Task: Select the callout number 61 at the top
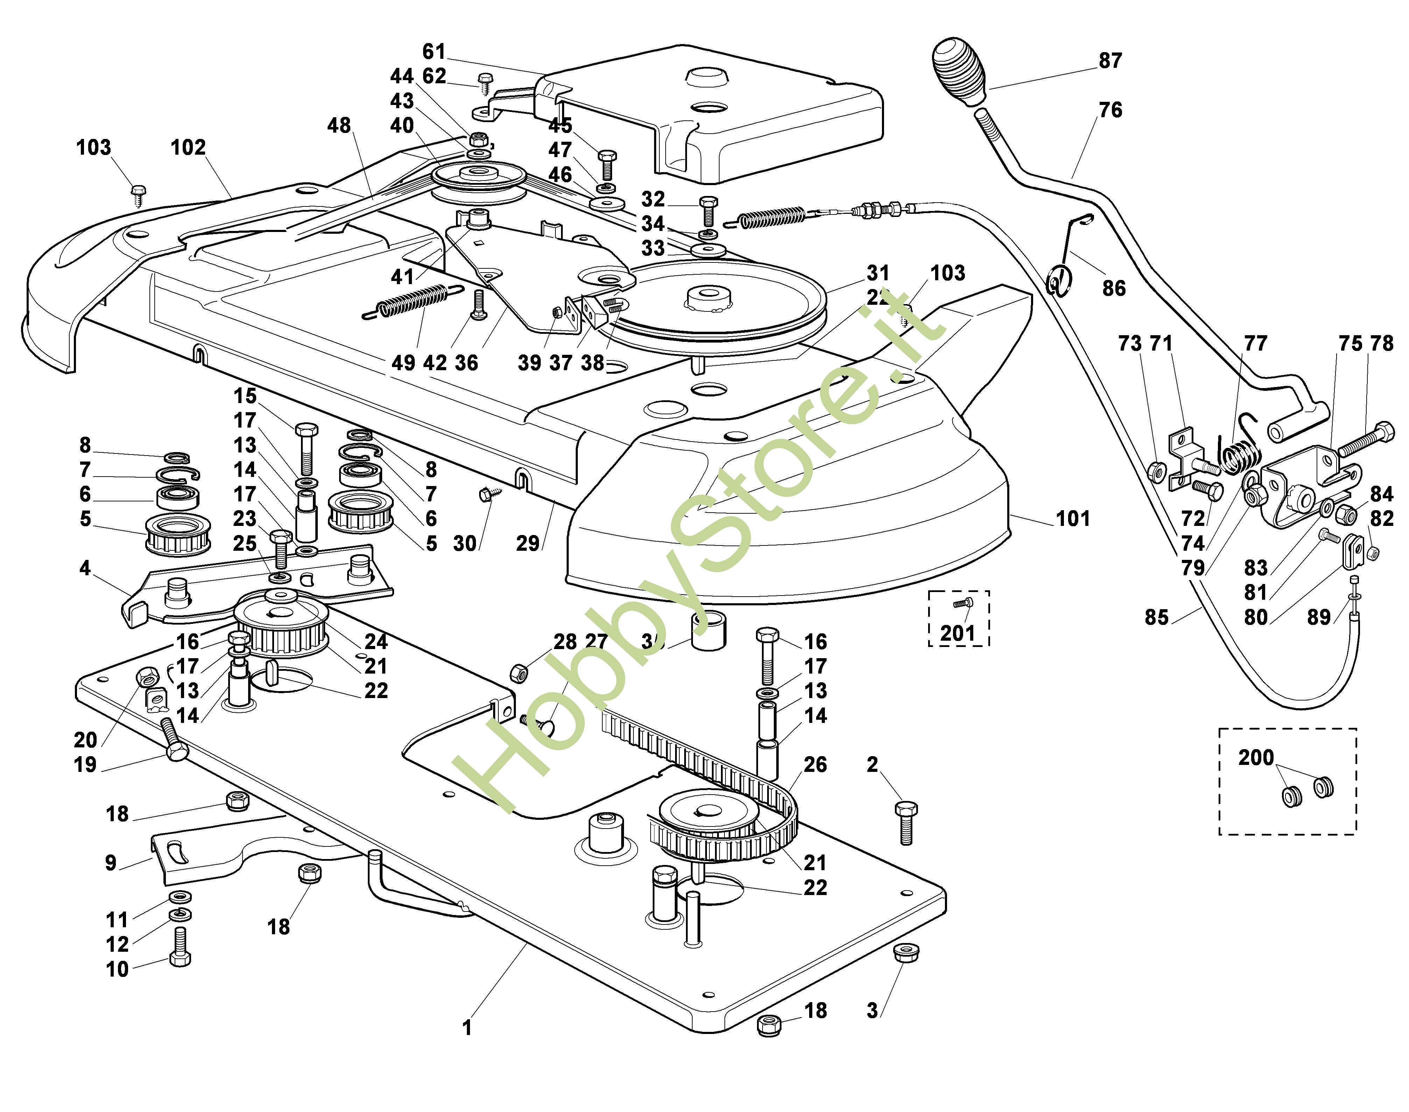pos(434,51)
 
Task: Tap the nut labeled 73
pos(1158,488)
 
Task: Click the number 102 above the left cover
pos(188,148)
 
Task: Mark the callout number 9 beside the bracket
pos(111,863)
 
